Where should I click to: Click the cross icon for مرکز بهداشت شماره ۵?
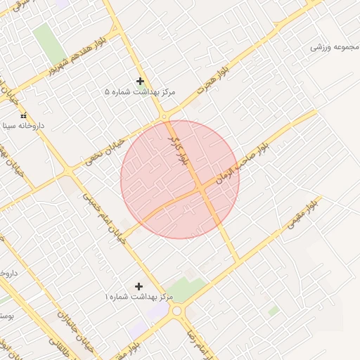(x=140, y=81)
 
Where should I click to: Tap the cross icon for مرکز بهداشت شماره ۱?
(x=139, y=286)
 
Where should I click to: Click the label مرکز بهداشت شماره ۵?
(x=140, y=92)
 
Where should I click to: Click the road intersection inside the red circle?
(x=201, y=189)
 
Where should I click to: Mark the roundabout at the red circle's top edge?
(x=164, y=117)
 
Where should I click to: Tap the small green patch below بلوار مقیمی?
(x=274, y=310)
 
